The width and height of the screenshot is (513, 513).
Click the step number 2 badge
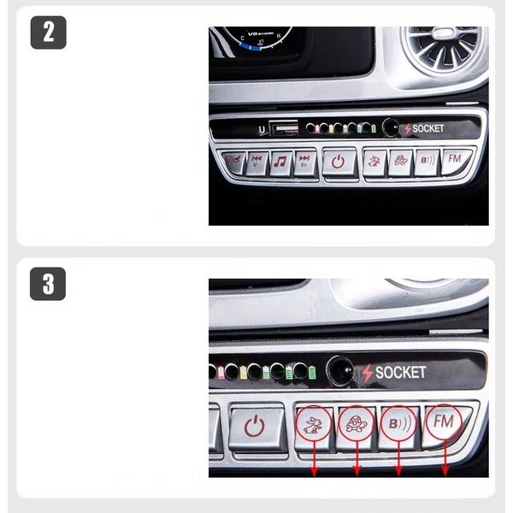(x=48, y=32)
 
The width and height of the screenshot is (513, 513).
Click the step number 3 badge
(x=48, y=283)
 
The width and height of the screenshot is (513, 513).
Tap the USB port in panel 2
(x=283, y=128)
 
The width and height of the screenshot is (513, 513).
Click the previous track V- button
(x=256, y=161)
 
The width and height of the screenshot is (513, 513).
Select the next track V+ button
(x=304, y=161)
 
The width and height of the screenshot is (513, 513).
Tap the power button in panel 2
(x=339, y=161)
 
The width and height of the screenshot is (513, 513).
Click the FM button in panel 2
(x=456, y=159)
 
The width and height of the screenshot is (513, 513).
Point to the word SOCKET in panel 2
(x=428, y=128)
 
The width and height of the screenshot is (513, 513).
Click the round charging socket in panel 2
(x=392, y=128)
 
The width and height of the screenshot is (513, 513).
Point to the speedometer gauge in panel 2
(x=256, y=37)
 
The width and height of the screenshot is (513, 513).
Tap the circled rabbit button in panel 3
(x=313, y=422)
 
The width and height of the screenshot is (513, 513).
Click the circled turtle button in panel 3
(x=355, y=422)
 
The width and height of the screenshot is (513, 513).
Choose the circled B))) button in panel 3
(x=398, y=422)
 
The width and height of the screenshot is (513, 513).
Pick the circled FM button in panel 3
(x=443, y=421)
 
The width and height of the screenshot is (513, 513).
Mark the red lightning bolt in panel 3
(x=368, y=373)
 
